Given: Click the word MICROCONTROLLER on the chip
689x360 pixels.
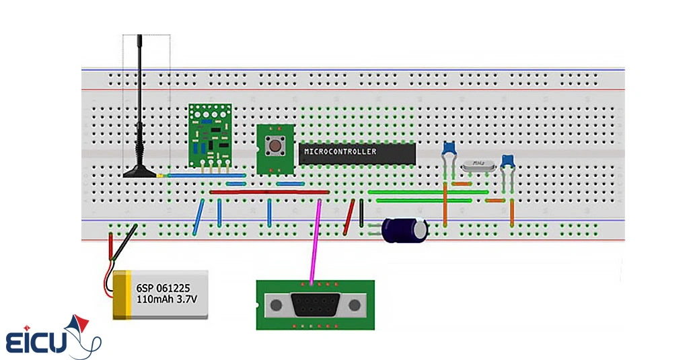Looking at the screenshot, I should point(340,152).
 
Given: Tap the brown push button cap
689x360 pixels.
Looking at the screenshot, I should point(275,145).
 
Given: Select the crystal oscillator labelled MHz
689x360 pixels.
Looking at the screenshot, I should point(478,164).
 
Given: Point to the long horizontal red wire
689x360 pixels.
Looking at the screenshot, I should point(269,192).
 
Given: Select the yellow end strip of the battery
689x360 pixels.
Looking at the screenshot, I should point(121,295).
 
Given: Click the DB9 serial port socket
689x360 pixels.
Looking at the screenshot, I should point(314,305).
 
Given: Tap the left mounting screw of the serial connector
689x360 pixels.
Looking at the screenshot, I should point(275,305).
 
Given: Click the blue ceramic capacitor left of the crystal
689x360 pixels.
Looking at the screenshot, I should point(448,149).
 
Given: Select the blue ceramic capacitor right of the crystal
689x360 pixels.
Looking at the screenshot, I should point(509,160).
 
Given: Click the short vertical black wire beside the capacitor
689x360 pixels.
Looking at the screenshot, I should point(362,214).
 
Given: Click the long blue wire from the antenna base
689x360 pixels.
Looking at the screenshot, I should point(202,176).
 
